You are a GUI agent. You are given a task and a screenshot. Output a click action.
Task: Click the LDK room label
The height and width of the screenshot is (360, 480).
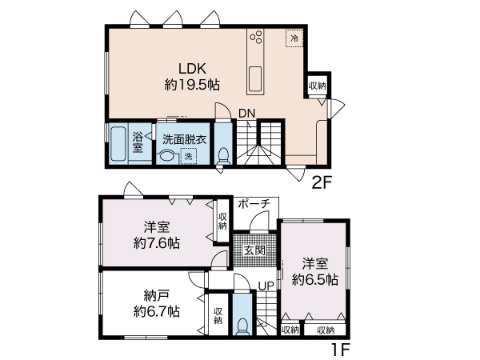(x=192, y=69)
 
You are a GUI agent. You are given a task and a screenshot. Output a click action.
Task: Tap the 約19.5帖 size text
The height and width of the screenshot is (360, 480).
(x=192, y=85)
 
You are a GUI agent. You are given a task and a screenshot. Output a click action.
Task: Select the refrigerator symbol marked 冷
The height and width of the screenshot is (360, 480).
(x=294, y=38)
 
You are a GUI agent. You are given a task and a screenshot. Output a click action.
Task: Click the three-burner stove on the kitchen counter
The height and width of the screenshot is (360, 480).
(x=256, y=37)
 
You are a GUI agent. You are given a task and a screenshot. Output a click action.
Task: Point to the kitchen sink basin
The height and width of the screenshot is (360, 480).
(x=255, y=79)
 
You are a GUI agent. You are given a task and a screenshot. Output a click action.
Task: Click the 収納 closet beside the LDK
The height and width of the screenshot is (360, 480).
(x=317, y=86)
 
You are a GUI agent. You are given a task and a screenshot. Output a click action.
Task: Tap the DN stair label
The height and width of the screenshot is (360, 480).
(x=246, y=114)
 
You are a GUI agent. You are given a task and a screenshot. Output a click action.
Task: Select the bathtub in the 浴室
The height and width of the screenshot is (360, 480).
(x=118, y=143)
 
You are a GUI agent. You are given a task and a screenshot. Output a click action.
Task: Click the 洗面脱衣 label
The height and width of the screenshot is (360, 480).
(x=184, y=139)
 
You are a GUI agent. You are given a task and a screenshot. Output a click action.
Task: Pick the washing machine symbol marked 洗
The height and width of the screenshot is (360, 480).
(x=188, y=156)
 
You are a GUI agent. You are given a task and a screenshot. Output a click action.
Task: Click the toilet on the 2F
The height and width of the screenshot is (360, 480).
(x=223, y=156)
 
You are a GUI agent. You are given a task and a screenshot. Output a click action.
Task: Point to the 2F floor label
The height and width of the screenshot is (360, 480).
(x=322, y=182)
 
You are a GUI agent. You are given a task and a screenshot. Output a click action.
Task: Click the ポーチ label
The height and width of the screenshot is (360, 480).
(x=254, y=203)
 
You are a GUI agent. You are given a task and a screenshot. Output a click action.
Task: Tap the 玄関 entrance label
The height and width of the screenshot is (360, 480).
(x=254, y=250)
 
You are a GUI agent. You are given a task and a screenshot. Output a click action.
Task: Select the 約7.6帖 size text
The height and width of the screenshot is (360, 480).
(x=157, y=243)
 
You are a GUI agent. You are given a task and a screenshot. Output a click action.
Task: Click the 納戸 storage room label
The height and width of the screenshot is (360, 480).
(x=157, y=296)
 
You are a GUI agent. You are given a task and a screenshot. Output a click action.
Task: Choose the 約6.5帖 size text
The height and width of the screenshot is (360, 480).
(x=315, y=279)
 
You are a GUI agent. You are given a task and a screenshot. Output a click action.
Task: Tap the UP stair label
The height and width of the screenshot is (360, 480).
(x=266, y=286)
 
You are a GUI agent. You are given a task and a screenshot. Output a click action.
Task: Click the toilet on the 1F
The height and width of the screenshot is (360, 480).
(x=242, y=326)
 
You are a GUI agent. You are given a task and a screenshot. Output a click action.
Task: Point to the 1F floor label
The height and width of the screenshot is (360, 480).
(x=341, y=350)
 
